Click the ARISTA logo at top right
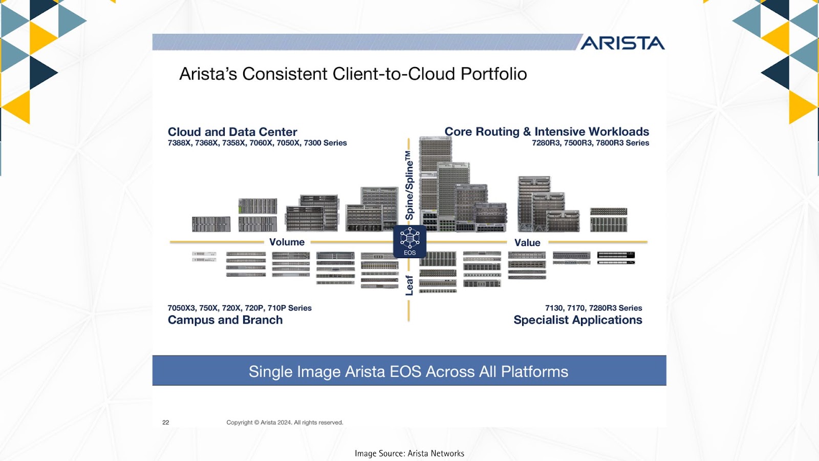[622, 43]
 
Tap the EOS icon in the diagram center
[409, 241]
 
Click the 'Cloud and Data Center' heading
[232, 132]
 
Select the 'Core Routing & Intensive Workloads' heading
[547, 131]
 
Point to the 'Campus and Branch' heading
[225, 320]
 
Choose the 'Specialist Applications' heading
[578, 320]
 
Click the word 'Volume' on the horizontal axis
[287, 242]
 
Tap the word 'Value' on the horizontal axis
[527, 243]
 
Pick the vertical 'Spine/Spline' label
[409, 185]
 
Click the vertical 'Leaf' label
[409, 285]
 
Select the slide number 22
[166, 422]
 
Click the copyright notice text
[285, 422]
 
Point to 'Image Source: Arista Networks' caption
[409, 453]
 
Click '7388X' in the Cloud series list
[179, 143]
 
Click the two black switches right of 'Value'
[616, 258]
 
